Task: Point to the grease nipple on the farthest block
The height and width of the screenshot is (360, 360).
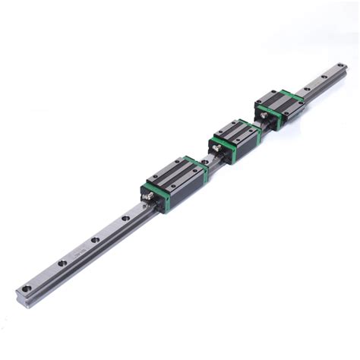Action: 263,113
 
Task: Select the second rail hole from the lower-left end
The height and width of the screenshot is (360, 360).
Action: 62,263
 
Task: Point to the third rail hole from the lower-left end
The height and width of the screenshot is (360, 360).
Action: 96,240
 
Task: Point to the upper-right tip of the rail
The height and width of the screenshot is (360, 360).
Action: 343,68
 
